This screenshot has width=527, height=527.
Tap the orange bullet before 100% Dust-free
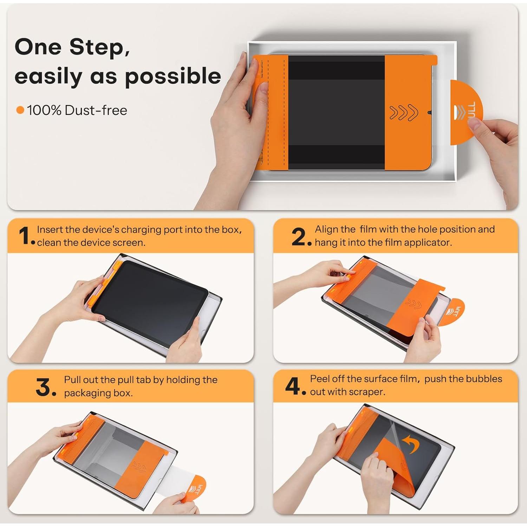tap(20, 110)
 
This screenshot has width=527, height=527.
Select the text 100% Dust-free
tap(77, 110)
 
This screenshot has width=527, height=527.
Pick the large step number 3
tap(45, 387)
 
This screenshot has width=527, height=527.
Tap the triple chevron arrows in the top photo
tap(404, 112)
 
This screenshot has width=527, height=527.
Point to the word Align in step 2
tap(335, 229)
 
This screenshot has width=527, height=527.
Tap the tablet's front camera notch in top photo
tap(429, 113)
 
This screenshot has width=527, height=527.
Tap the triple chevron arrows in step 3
tap(139, 467)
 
